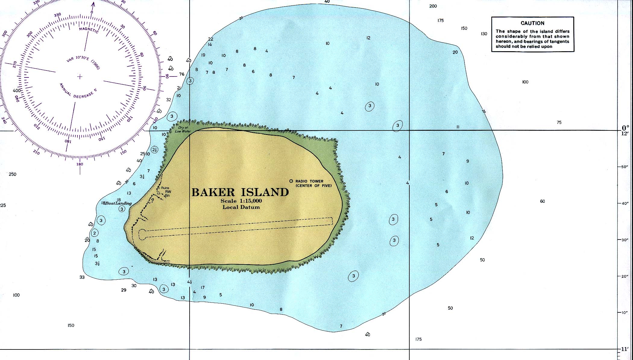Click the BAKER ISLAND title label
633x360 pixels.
pyautogui.click(x=240, y=192)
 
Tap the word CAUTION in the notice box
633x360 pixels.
pyautogui.click(x=532, y=23)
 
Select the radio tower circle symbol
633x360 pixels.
pyautogui.click(x=291, y=181)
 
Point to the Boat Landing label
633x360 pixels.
pyautogui.click(x=118, y=203)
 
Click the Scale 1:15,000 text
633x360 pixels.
pyautogui.click(x=241, y=201)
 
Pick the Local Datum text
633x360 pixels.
pyautogui.click(x=241, y=207)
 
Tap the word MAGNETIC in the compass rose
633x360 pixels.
pyautogui.click(x=89, y=30)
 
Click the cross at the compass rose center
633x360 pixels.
pyautogui.click(x=80, y=77)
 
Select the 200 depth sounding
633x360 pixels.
pyautogui.click(x=433, y=6)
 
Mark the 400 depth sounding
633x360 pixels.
pyautogui.click(x=17, y=90)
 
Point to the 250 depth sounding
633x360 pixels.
pyautogui.click(x=12, y=174)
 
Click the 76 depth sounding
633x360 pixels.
pyautogui.click(x=181, y=74)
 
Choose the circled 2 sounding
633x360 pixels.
pyautogui.click(x=95, y=233)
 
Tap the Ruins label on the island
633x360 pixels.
pyautogui.click(x=165, y=188)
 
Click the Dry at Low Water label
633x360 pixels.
pyautogui.click(x=182, y=130)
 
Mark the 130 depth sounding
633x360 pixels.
pyautogui.click(x=484, y=34)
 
